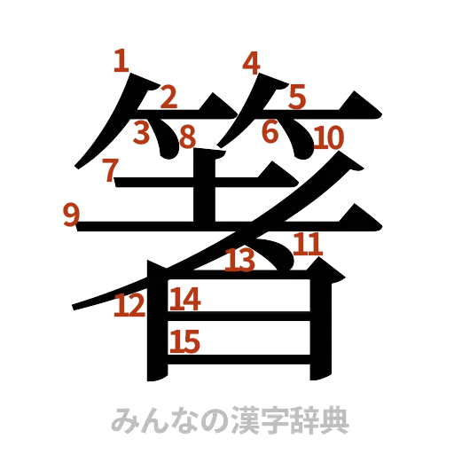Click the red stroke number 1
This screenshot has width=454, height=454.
pyautogui.click(x=122, y=62)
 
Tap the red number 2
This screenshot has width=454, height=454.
pyautogui.click(x=168, y=97)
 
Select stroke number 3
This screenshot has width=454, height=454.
pyautogui.click(x=141, y=132)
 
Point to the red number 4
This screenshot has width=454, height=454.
pyautogui.click(x=252, y=63)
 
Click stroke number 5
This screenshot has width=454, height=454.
pyautogui.click(x=296, y=96)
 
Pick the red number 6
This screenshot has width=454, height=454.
pyautogui.click(x=270, y=131)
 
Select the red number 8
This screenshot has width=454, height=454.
pyautogui.click(x=187, y=136)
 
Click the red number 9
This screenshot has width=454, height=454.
pyautogui.click(x=70, y=215)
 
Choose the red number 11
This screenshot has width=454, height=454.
pyautogui.click(x=307, y=243)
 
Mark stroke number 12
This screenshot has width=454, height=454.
pyautogui.click(x=129, y=306)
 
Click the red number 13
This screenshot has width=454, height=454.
pyautogui.click(x=239, y=260)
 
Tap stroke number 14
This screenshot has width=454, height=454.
pyautogui.click(x=186, y=299)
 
